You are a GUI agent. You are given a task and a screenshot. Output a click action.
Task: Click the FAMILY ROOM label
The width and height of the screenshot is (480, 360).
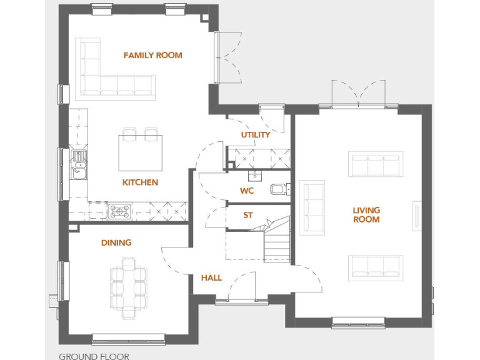pos(152,55)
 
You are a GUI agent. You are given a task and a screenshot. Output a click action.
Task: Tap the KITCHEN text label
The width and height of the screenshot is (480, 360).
pos(140,182)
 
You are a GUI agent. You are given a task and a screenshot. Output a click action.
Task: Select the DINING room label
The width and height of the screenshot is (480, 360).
pos(116,242)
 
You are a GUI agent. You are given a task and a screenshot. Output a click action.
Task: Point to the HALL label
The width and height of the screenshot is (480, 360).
pos(211,277)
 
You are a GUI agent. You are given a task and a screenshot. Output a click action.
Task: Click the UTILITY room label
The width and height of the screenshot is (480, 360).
pos(256,134)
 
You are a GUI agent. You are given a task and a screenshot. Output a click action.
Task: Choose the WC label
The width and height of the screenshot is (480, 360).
pos(247,191)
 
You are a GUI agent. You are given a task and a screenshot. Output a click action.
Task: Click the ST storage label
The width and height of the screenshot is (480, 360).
pos(248,216)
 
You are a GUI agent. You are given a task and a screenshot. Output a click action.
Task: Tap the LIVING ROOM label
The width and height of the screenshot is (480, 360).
pos(366,215)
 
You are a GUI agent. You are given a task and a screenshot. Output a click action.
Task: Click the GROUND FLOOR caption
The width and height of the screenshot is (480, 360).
pos(94,356)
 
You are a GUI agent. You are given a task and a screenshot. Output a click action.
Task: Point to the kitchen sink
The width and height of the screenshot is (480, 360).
pos(79,164)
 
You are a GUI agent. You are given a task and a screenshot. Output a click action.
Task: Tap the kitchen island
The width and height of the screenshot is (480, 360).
pos(141,153)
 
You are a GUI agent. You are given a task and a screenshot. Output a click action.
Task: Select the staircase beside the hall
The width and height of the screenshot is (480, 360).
pos(276,241)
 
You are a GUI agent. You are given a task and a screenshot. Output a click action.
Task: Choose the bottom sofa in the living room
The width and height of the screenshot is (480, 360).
pos(375,266)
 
